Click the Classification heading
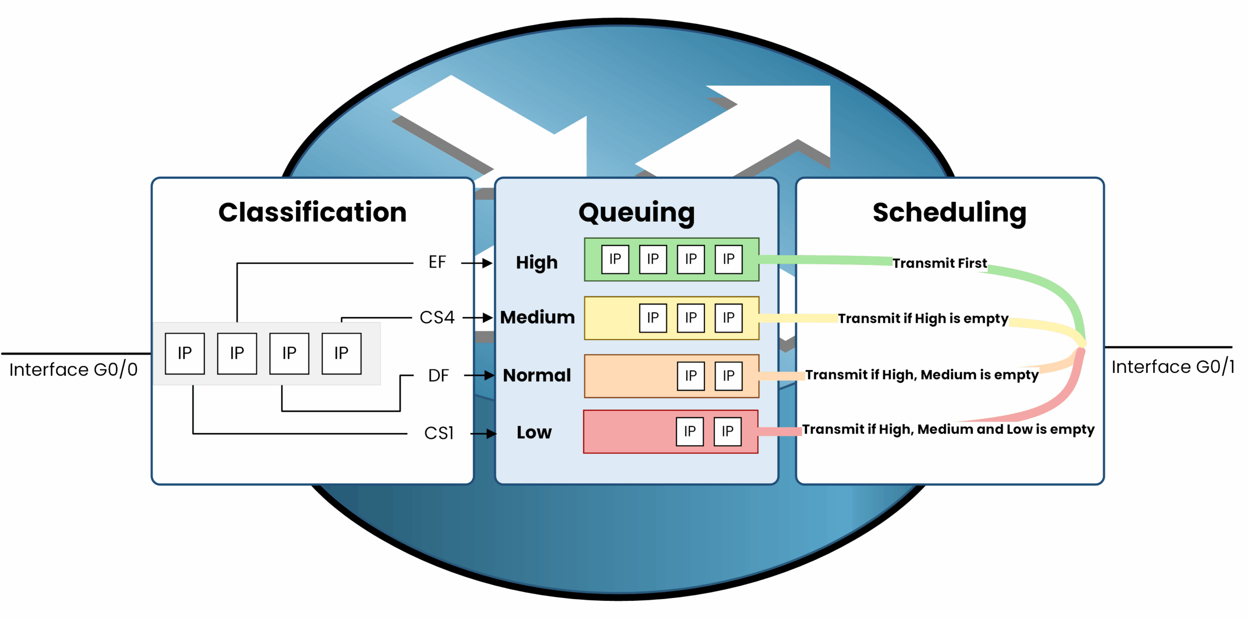312,212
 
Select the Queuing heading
636,213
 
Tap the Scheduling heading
949,213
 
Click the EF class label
437,262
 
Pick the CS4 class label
437,317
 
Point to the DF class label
438,375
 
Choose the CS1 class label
439,433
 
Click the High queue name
537,263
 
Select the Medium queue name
538,317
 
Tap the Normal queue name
537,375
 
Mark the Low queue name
534,433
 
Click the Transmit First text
940,263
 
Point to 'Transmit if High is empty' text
923,318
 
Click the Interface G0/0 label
74,370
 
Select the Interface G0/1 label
1173,367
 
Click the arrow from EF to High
477,263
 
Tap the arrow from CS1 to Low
483,433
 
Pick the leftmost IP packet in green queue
615,259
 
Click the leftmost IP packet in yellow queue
653,318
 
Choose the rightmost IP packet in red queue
727,432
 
